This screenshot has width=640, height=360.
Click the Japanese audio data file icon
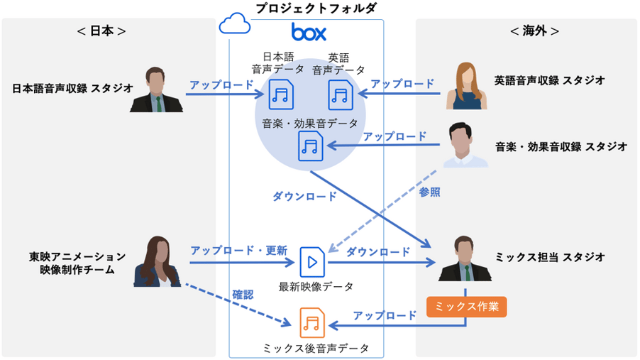281,94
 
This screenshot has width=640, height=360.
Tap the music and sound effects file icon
311,146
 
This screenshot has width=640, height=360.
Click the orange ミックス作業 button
467,306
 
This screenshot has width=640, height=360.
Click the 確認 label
243,293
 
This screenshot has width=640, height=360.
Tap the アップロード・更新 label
238,250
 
